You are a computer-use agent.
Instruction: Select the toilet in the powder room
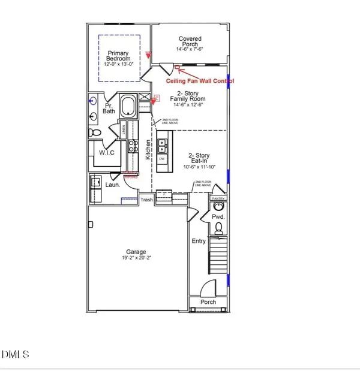click(219, 227)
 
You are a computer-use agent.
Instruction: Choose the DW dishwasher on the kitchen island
click(161, 159)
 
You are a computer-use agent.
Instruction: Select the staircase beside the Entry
click(220, 261)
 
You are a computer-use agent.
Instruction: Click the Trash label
click(147, 200)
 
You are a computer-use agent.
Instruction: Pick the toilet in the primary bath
click(92, 132)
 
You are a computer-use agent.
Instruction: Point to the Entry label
click(198, 241)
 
